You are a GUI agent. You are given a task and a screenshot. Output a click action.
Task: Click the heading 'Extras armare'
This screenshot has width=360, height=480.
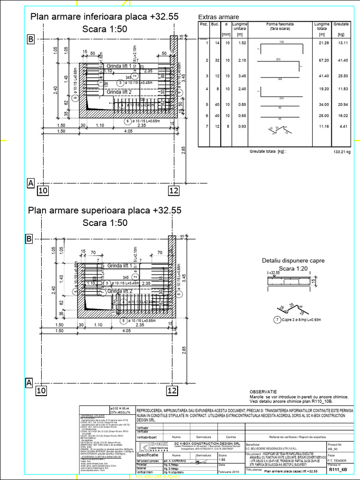click(x=219, y=16)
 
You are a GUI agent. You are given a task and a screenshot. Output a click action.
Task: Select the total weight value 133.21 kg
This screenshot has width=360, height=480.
click(x=342, y=152)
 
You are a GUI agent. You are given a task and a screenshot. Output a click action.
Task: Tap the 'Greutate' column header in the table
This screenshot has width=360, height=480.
click(x=342, y=23)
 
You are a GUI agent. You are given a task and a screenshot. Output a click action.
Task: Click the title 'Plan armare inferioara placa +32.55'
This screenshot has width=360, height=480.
click(x=104, y=16)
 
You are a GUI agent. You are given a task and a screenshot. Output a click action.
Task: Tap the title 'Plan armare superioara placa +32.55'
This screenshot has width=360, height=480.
click(x=105, y=210)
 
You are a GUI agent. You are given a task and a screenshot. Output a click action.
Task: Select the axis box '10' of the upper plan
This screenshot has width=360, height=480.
click(x=42, y=190)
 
